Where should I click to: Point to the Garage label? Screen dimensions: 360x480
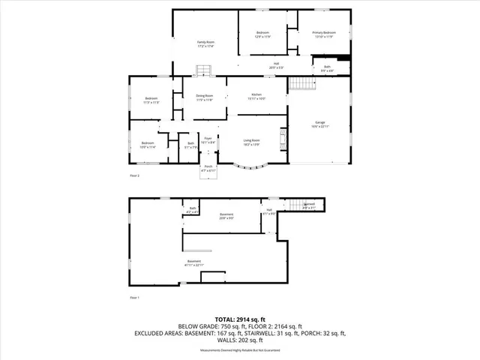[319, 124]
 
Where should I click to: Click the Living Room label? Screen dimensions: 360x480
[251, 142]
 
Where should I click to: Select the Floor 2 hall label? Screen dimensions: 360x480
[277, 65]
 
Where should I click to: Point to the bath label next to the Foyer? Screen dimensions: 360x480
[191, 145]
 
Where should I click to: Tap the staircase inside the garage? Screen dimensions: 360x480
[300, 83]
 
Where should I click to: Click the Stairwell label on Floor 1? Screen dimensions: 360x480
[308, 205]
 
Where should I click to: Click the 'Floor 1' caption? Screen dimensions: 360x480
[135, 298]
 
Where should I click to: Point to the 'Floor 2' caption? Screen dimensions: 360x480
[135, 175]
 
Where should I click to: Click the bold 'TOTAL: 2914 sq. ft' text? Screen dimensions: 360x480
[240, 319]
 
